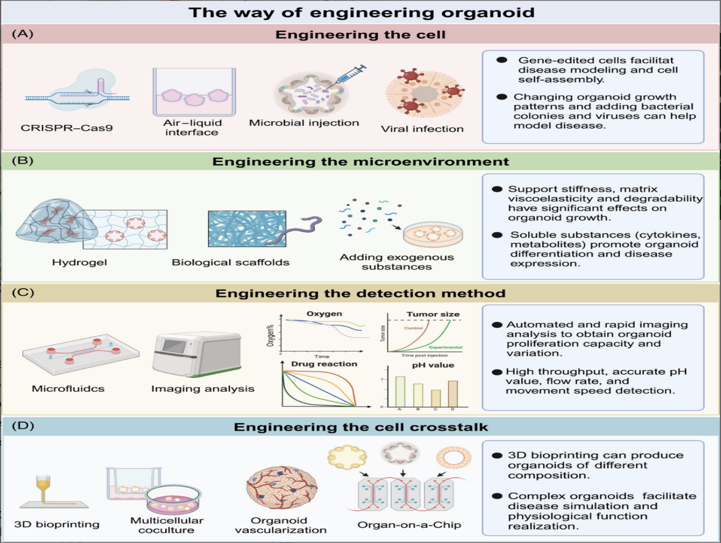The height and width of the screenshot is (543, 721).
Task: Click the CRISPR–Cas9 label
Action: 66,128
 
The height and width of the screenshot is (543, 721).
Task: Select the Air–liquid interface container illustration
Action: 194,93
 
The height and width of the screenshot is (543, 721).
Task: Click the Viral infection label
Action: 422,129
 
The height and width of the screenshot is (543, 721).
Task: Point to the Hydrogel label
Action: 80,262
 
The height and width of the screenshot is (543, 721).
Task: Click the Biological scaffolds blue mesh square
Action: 247,229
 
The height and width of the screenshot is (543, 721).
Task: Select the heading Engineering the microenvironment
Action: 360,162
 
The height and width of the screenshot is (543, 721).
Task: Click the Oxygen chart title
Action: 324,314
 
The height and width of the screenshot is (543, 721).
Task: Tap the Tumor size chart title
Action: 433,314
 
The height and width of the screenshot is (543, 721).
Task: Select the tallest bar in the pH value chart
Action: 400,391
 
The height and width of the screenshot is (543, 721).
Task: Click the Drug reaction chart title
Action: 324,364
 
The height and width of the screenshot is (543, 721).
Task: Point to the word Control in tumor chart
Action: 414,328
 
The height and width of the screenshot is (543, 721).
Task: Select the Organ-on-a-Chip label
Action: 409,525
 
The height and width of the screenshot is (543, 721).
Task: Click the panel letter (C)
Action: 23,293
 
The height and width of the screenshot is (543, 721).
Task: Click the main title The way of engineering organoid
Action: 361,12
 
